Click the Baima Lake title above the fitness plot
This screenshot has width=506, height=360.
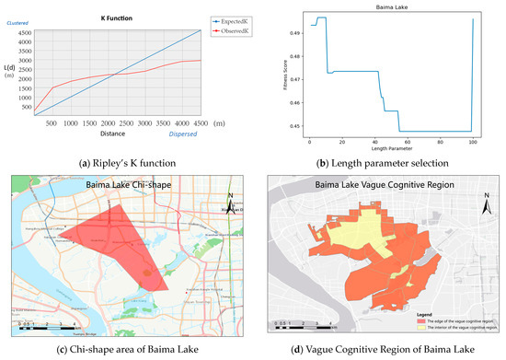393,7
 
